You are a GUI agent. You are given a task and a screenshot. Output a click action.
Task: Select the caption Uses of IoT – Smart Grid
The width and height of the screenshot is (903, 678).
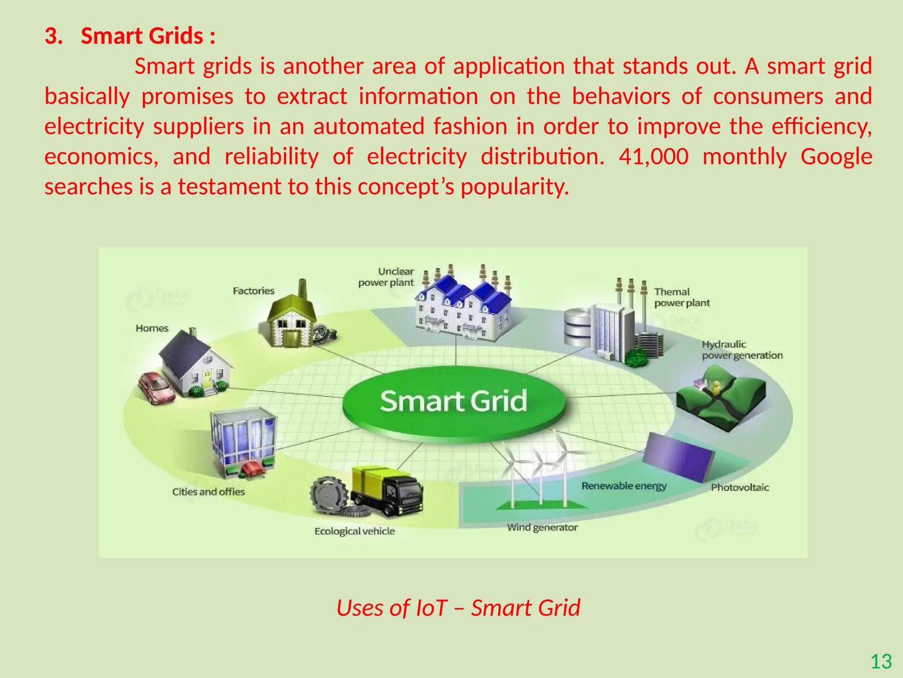(x=458, y=607)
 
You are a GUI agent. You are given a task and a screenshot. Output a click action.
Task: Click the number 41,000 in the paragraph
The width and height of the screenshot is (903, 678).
(x=653, y=157)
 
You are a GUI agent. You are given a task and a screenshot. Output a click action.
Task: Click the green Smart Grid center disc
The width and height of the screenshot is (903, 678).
(x=453, y=402)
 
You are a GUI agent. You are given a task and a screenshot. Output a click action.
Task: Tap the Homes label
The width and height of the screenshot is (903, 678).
(x=152, y=328)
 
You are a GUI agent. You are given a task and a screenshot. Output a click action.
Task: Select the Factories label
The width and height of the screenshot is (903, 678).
(x=254, y=291)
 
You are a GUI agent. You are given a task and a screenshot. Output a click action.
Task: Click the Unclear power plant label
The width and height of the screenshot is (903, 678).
(x=387, y=277)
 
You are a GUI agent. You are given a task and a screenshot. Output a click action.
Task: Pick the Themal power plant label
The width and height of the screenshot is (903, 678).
(x=682, y=298)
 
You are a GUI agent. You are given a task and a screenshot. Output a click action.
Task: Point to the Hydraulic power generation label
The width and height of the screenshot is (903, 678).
(x=742, y=350)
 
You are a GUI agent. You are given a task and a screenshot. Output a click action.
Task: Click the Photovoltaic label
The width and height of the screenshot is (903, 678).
(x=740, y=488)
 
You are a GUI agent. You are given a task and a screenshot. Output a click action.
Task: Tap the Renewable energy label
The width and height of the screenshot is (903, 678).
(x=624, y=486)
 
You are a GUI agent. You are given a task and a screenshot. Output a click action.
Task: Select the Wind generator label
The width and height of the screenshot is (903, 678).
(x=542, y=527)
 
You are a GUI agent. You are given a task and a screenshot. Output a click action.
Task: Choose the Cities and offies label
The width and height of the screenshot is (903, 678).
(x=208, y=492)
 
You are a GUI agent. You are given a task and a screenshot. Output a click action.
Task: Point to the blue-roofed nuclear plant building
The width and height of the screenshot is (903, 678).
(x=463, y=309)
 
